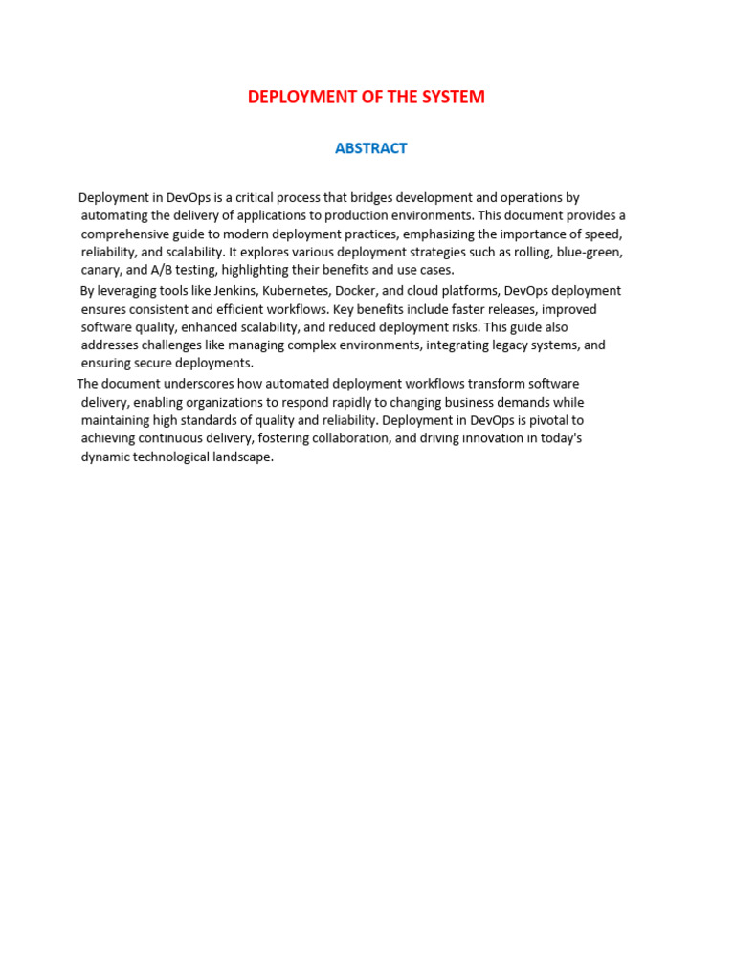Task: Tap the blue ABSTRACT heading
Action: tap(371, 148)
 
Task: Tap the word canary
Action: tap(101, 271)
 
